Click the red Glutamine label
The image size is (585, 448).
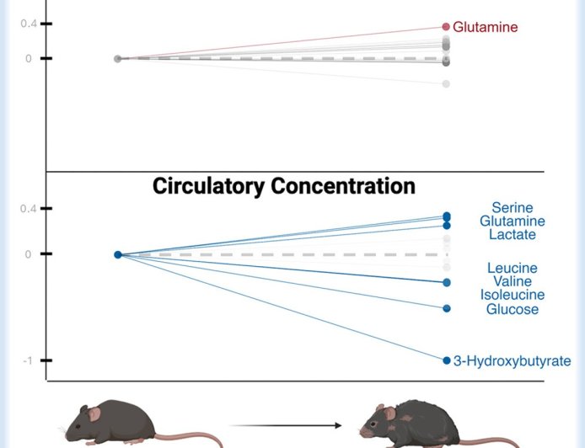point(485,27)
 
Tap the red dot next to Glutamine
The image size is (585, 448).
point(446,27)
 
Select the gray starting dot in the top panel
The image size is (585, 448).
point(118,58)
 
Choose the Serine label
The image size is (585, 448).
point(513,208)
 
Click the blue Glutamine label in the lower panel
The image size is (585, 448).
point(513,221)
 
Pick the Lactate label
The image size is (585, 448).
point(513,235)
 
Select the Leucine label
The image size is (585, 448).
point(512,269)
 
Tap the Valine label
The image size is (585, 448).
point(513,282)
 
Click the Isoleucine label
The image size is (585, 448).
point(513,296)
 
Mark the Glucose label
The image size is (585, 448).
point(513,309)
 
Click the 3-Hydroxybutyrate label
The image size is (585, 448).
point(512,361)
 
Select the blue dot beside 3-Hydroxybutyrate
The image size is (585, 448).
point(447,360)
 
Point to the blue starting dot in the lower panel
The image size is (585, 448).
point(118,254)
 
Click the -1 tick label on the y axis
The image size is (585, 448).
point(27,361)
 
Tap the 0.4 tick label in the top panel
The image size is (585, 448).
point(29,24)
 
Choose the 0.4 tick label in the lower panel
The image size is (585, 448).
point(29,209)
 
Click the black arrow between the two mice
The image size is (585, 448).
point(287,426)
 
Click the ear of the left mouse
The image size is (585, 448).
point(95,413)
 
